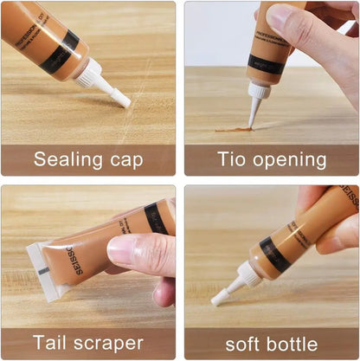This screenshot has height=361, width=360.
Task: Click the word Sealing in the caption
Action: pos(67,159)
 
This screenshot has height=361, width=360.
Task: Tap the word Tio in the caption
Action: pos(231,159)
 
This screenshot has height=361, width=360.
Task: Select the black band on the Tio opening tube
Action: pos(266,63)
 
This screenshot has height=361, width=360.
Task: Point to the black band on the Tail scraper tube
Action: pos(157,217)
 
